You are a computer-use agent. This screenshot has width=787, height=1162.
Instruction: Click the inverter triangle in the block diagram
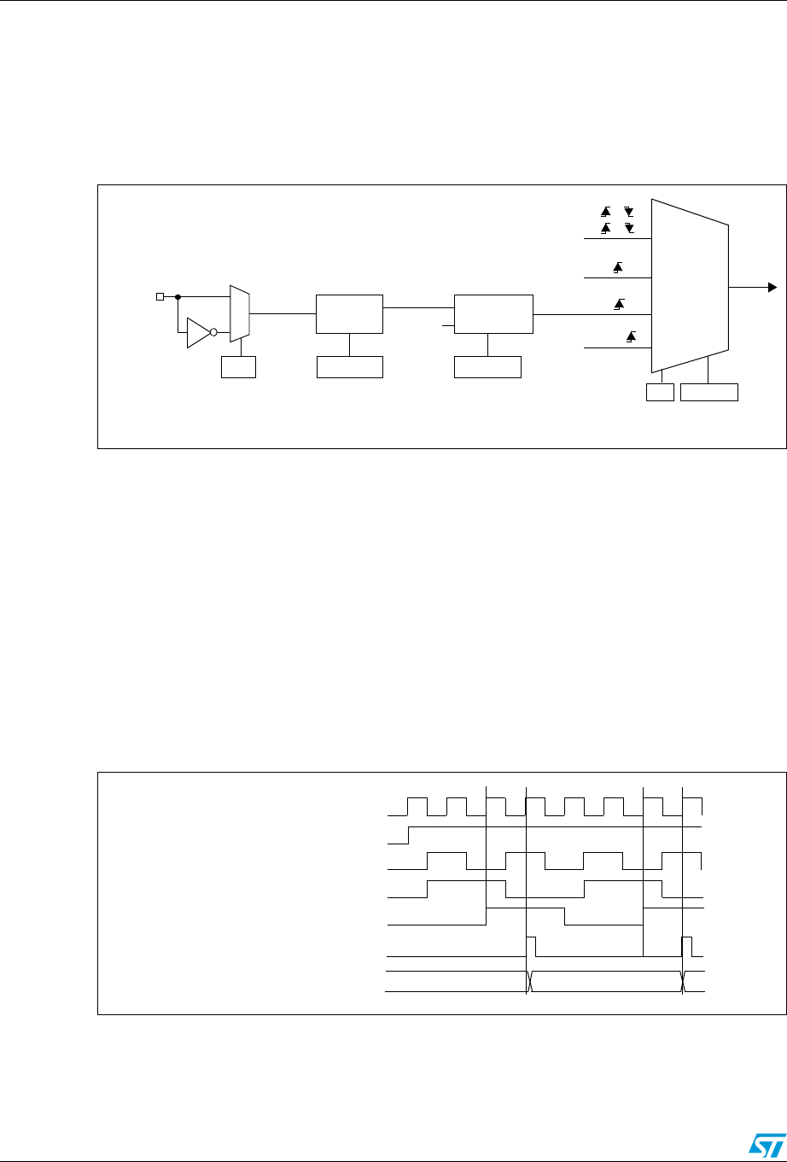(x=198, y=333)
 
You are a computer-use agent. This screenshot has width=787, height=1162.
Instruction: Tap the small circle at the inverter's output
(x=213, y=333)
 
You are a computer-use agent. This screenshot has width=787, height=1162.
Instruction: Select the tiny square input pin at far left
(x=159, y=297)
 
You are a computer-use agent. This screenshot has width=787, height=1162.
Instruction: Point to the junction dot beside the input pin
(x=178, y=297)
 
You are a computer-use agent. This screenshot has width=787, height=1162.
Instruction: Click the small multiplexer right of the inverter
(x=240, y=313)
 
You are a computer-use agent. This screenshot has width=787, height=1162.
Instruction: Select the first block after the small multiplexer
(x=349, y=314)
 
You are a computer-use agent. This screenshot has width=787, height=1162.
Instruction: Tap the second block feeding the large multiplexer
(x=493, y=314)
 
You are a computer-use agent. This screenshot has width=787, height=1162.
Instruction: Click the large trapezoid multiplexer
(x=690, y=286)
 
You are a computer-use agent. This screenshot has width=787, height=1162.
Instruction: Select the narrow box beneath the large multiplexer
(x=660, y=393)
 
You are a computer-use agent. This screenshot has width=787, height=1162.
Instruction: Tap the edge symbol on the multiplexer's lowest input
(x=632, y=337)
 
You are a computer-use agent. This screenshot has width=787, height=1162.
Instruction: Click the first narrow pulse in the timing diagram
(x=531, y=946)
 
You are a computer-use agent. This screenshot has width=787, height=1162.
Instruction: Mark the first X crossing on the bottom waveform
(x=530, y=982)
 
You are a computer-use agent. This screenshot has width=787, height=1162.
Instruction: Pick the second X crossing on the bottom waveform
(x=684, y=982)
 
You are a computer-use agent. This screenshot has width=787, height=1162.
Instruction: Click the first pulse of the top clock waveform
(x=417, y=807)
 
